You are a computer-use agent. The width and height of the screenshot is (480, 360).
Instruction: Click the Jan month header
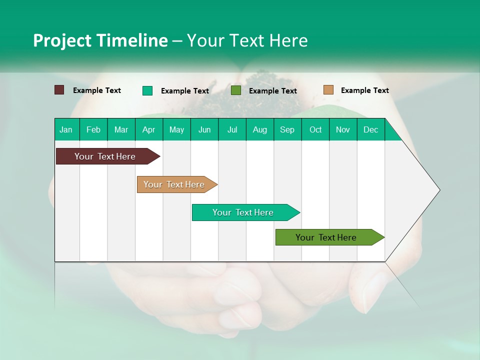(66, 129)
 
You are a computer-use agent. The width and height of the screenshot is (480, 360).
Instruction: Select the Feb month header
(93, 129)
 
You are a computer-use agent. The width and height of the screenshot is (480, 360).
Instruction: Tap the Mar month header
(121, 129)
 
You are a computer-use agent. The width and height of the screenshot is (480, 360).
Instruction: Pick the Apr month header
(148, 129)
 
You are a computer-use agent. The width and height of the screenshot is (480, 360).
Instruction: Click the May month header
(176, 129)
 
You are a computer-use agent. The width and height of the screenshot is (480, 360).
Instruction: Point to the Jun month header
(204, 129)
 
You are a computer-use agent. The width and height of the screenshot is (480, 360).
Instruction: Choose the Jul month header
(232, 129)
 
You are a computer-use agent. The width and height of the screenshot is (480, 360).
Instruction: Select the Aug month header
(260, 129)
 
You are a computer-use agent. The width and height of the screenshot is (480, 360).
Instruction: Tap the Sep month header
(287, 129)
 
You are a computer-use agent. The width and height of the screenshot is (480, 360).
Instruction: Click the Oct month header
(315, 129)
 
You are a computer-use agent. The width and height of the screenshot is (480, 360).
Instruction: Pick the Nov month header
(343, 129)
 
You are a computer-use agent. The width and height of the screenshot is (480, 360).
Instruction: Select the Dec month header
(371, 129)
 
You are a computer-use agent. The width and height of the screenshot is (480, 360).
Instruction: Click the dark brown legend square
(59, 90)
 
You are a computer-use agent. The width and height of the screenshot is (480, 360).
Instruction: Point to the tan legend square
(328, 90)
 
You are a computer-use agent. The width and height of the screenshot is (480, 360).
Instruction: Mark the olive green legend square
(236, 90)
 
